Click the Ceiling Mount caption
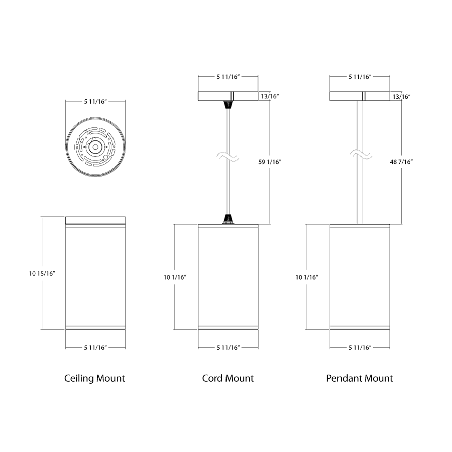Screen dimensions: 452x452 (94, 378)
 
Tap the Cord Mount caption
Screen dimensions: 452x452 (228, 378)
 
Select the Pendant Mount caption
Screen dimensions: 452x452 (360, 378)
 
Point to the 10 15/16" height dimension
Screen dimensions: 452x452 (42, 273)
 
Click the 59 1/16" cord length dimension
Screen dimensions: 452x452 (270, 162)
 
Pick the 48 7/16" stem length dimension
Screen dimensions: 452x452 (402, 162)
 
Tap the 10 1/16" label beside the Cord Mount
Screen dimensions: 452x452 (175, 277)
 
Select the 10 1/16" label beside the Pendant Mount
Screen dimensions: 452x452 (307, 277)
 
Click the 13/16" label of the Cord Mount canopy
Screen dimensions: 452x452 (270, 96)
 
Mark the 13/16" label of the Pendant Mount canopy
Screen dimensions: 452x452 (402, 96)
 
